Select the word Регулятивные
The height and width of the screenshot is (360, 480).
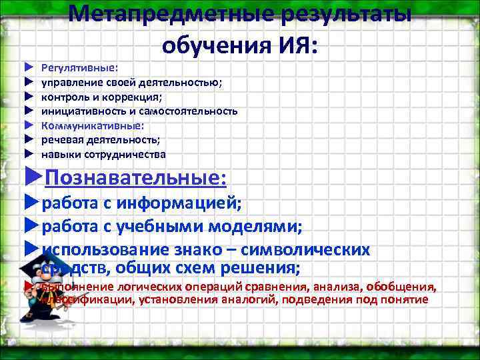pos(79,67)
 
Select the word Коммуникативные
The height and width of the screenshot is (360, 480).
pos(91,125)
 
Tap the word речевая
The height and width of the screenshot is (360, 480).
pos(63,140)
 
